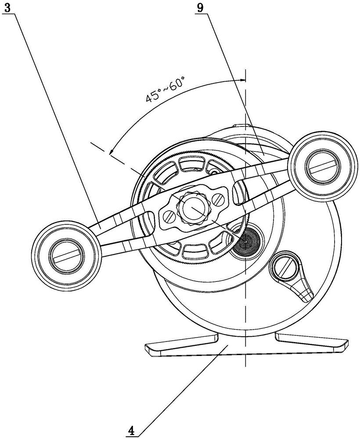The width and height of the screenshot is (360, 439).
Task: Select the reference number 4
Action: (132, 430)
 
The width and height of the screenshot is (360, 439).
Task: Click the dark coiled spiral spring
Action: (245, 240)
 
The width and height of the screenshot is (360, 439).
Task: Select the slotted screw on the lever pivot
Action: (284, 268)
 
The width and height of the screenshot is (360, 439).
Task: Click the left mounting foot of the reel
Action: (182, 344)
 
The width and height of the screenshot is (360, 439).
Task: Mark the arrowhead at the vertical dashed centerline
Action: (242, 81)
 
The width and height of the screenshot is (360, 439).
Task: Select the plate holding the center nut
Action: (194, 208)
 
